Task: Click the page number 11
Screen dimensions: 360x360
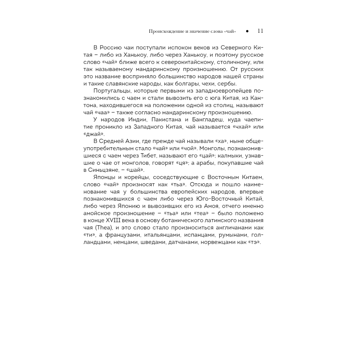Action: click(x=261, y=31)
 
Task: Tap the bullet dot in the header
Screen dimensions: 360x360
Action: click(x=247, y=32)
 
